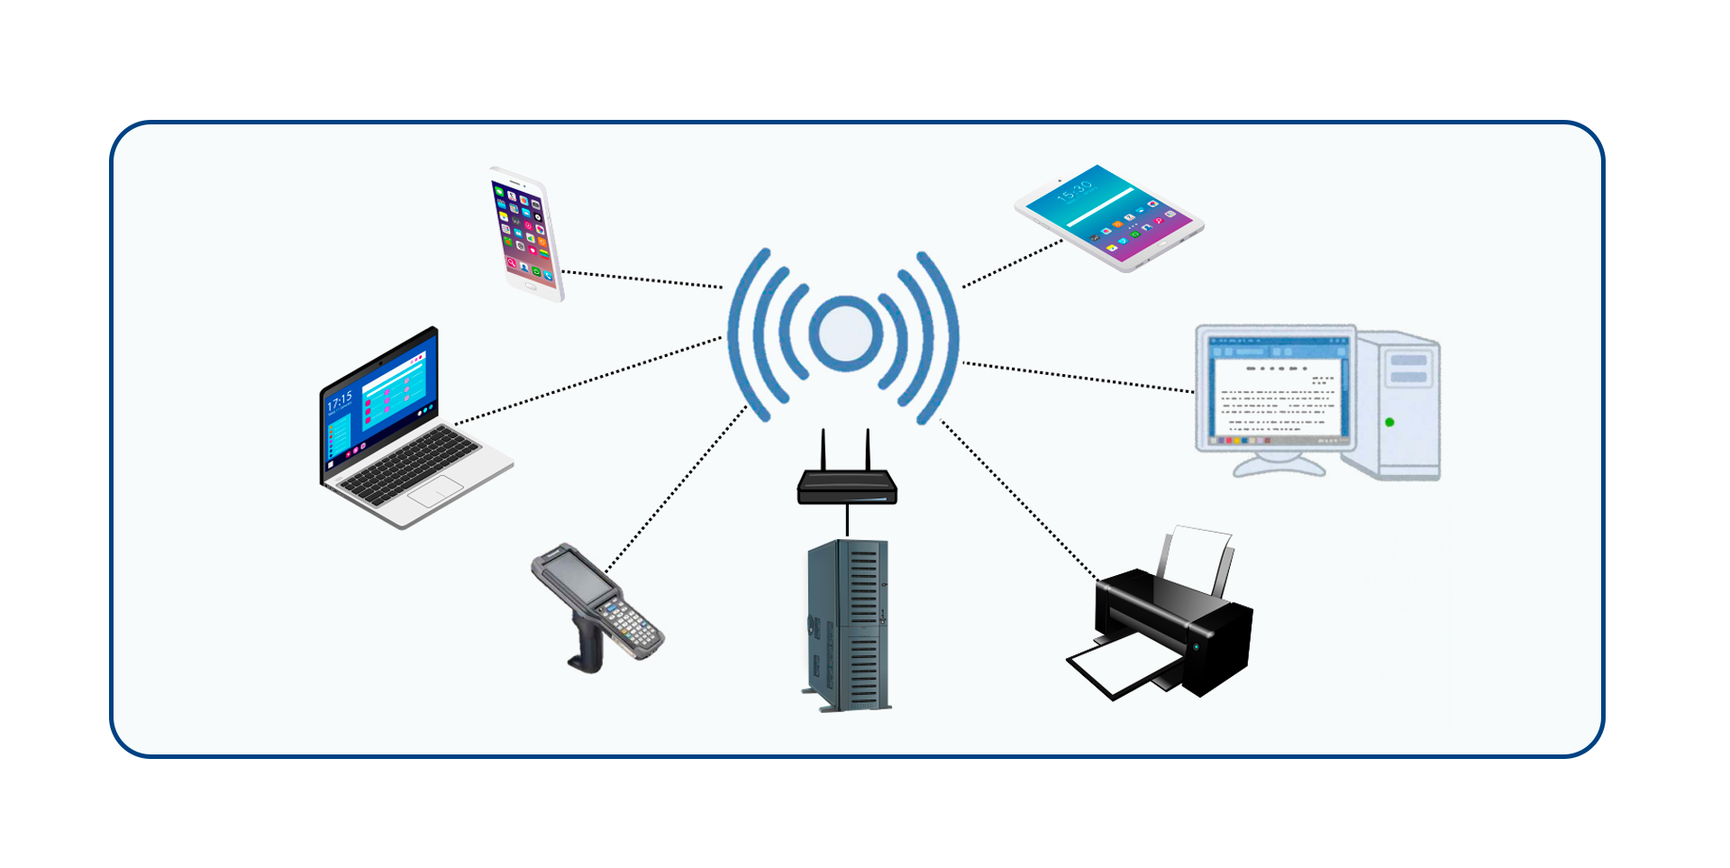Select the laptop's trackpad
(436, 492)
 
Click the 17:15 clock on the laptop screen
(340, 402)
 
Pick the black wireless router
(847, 488)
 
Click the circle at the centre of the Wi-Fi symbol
(845, 333)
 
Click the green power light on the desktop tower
(1389, 422)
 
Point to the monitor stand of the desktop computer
(1279, 463)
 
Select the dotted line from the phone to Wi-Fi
(642, 279)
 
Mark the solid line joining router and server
(847, 520)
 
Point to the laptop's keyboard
(410, 465)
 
